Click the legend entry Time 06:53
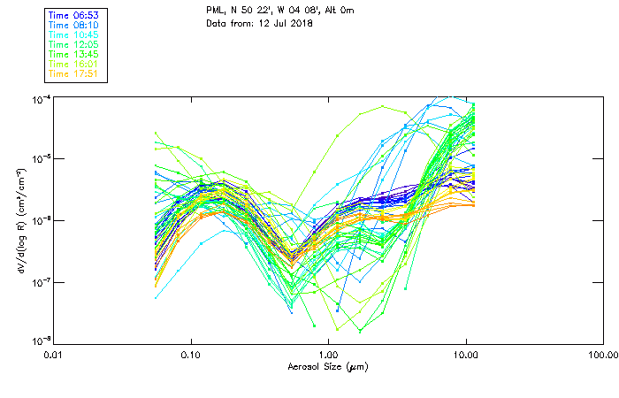(73, 16)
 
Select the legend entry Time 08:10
(73, 26)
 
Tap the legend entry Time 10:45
(73, 35)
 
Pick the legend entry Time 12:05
(73, 45)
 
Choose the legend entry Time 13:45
(73, 55)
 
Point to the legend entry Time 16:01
(73, 65)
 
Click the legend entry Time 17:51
(73, 74)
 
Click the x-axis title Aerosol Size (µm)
(327, 366)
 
